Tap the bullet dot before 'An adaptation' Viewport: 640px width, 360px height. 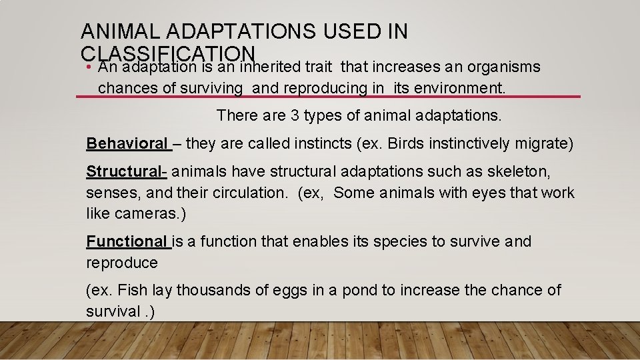click(x=89, y=68)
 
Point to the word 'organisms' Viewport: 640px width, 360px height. click(x=505, y=67)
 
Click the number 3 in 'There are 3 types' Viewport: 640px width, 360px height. click(x=295, y=115)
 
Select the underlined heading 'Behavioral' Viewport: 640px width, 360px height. click(x=127, y=143)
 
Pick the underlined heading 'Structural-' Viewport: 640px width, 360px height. click(x=126, y=171)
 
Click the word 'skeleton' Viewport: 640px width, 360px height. click(x=521, y=171)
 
